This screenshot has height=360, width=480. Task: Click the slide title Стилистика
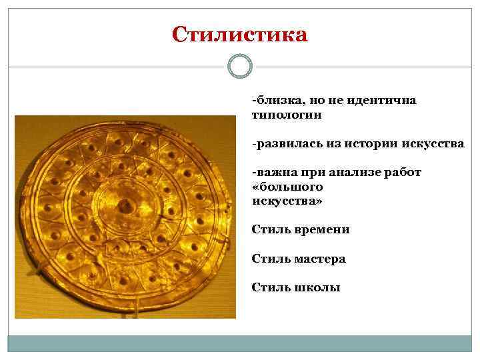tap(239, 34)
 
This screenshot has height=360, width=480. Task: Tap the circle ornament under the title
tap(239, 66)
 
